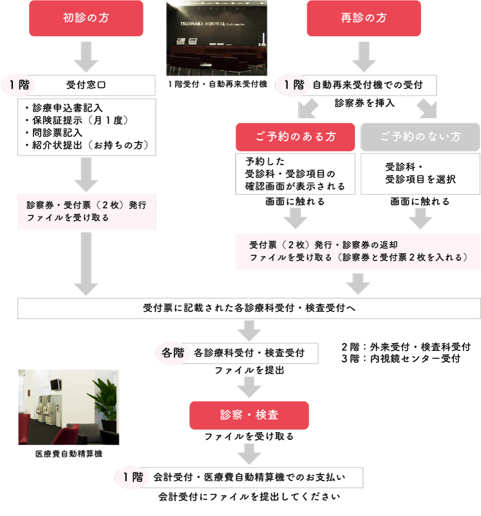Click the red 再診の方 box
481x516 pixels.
coord(363,18)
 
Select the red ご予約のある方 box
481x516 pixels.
coord(295,137)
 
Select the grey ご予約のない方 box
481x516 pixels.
coord(420,137)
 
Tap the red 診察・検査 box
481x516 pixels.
coord(249,415)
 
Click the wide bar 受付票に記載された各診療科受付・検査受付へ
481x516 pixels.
coord(249,308)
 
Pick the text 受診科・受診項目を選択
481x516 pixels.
coord(420,173)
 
